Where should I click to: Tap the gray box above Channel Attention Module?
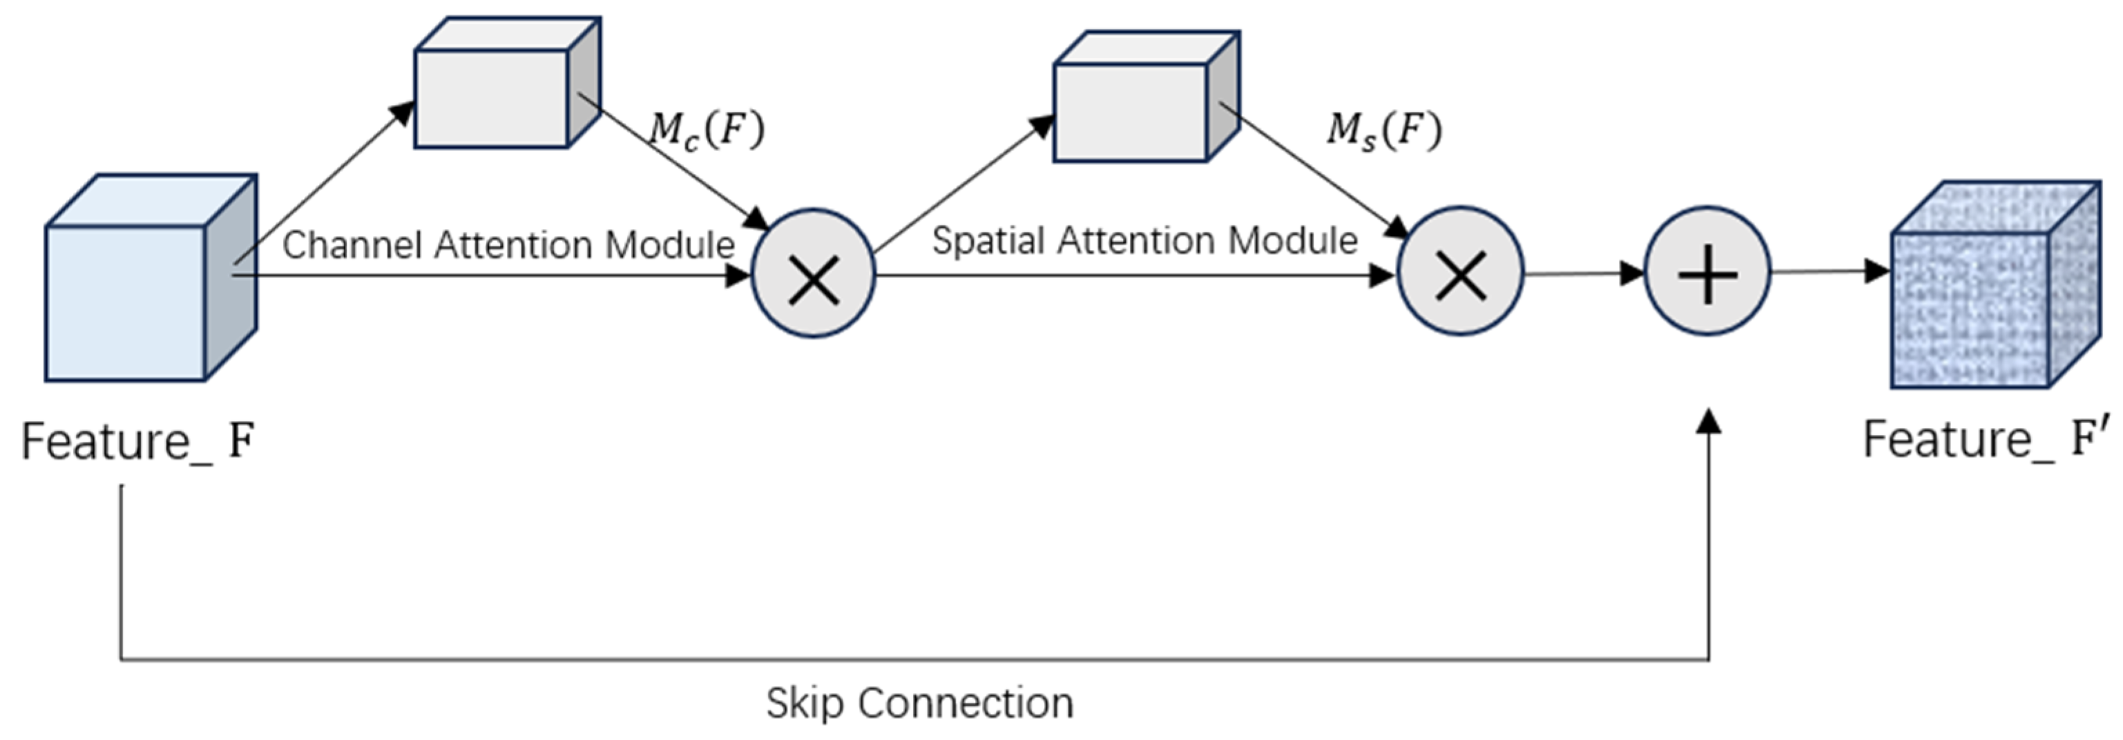click(x=494, y=95)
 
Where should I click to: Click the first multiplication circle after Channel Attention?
click(x=814, y=275)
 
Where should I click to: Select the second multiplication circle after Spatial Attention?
click(x=1461, y=272)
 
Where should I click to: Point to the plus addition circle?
click(x=1708, y=272)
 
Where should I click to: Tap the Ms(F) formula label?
click(x=1383, y=130)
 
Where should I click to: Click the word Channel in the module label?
click(x=353, y=245)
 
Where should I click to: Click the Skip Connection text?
click(x=919, y=703)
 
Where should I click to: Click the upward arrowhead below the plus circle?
click(x=1710, y=422)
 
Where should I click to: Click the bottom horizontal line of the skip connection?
click(x=907, y=659)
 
